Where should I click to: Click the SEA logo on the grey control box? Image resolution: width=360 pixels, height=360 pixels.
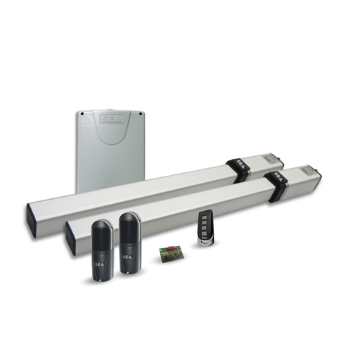(x=110, y=120)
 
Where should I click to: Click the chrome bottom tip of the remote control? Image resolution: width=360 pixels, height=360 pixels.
(x=207, y=243)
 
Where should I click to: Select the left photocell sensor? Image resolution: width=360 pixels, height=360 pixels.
(x=102, y=249)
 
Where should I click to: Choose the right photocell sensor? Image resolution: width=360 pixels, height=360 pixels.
(x=129, y=243)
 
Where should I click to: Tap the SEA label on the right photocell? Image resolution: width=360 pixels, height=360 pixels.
(x=129, y=257)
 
